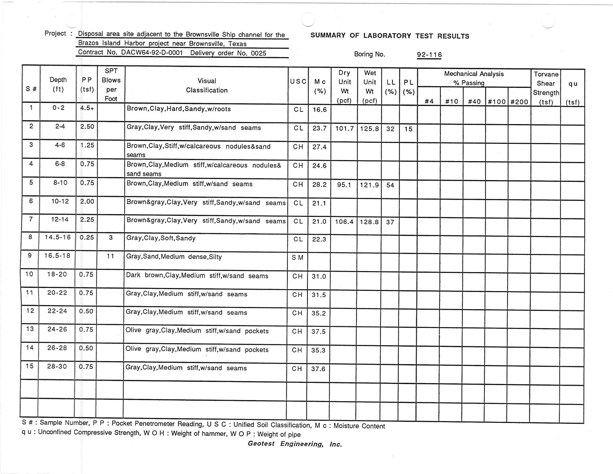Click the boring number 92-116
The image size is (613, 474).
coord(429,55)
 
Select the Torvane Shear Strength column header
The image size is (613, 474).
coord(546,88)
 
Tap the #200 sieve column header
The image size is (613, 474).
coord(519,102)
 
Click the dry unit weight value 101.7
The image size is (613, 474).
coord(344,129)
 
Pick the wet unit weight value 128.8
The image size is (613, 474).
coord(369,222)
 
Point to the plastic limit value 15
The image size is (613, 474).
coord(408,129)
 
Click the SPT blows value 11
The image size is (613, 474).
coord(111,256)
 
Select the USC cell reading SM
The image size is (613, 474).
coord(298,258)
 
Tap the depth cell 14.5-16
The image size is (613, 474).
coord(58,237)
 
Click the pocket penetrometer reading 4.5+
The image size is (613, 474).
coord(87,108)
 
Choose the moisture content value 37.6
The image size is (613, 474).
coord(318,369)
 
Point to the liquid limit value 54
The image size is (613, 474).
coord(390,185)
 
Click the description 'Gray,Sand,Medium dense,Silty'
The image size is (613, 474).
coord(174,257)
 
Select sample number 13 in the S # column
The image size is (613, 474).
coord(30,329)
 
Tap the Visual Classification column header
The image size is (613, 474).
coord(206,85)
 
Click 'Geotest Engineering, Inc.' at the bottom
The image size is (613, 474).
coord(295,444)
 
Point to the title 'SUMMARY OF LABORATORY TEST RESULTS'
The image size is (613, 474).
coord(390,36)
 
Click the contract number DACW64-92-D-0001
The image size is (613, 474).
coord(152,52)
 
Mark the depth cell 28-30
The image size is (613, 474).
coord(57,366)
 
